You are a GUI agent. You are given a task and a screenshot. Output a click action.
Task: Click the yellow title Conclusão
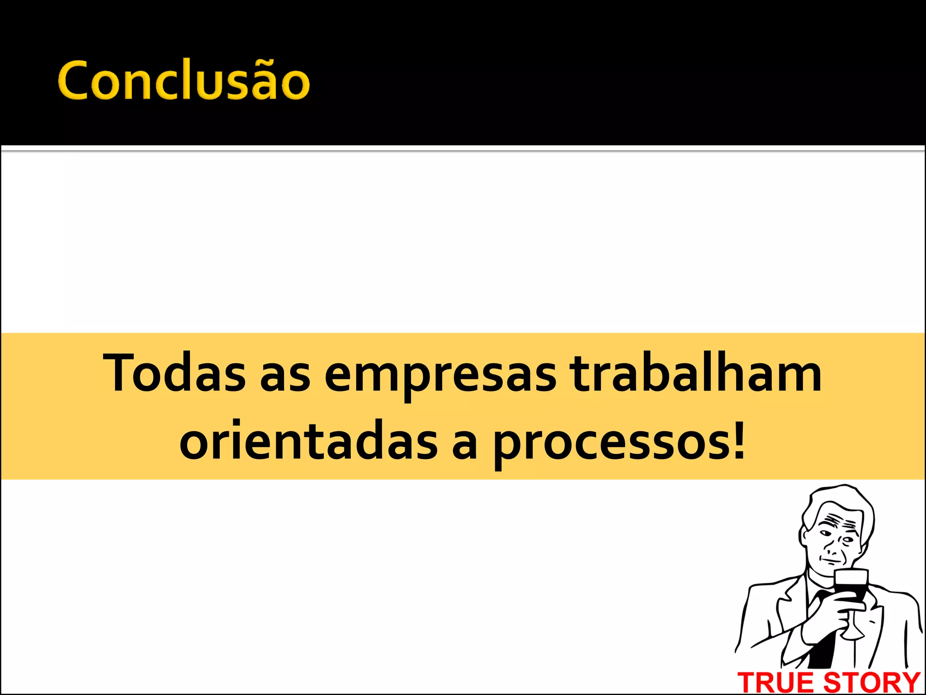coord(184,80)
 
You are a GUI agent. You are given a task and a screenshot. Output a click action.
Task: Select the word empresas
coord(440,375)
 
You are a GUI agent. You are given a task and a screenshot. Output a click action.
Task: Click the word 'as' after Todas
coord(285,378)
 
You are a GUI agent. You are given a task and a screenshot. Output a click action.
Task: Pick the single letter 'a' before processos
coord(464,445)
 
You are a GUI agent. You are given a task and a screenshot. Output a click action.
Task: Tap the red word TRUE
coord(776,682)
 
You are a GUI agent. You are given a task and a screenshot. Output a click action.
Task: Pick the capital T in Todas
coord(118,372)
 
